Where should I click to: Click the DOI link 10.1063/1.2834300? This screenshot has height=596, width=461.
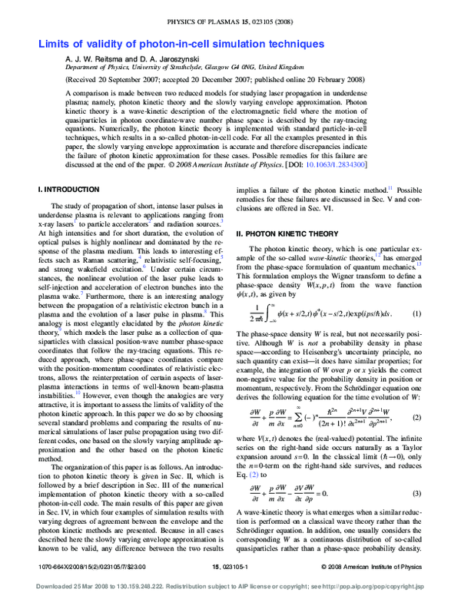(x=337, y=164)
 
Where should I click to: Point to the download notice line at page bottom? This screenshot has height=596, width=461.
(x=230, y=587)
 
